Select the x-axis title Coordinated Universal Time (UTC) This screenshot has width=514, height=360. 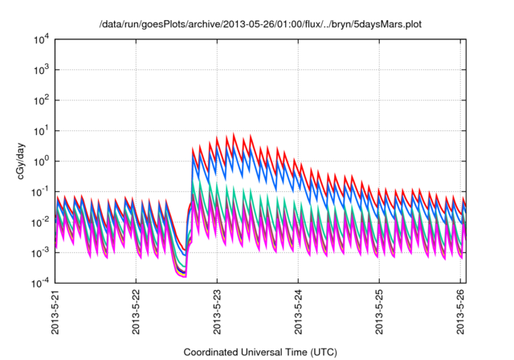click(259, 352)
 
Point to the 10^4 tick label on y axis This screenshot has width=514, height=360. click(40, 39)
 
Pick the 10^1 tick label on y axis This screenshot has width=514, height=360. click(40, 130)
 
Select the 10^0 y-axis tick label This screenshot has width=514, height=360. click(40, 161)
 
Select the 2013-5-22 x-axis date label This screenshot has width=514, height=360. click(136, 313)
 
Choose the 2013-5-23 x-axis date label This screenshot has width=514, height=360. click(217, 313)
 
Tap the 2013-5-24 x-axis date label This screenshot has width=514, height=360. click(298, 313)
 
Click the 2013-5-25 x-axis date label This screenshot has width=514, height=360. click(379, 313)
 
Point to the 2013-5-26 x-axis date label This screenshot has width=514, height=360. click(460, 313)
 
